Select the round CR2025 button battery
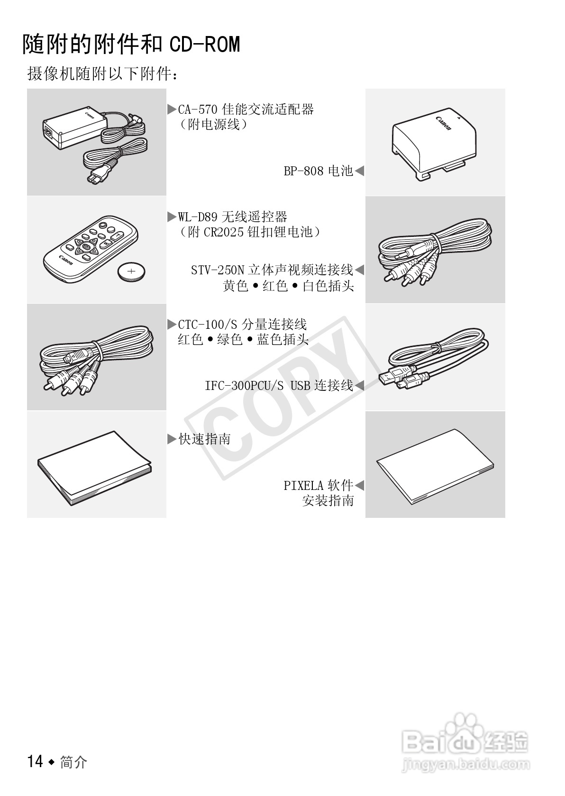pos(131,272)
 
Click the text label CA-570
pos(198,109)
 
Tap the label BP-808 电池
pos(318,171)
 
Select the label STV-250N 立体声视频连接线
pos(272,270)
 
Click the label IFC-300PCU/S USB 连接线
pos(279,385)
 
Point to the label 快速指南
pos(204,439)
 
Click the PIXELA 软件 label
pos(318,485)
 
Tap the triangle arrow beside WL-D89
pos(171,217)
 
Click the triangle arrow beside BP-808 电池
pos(359,171)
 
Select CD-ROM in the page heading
pos(205,45)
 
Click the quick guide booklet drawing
pos(95,467)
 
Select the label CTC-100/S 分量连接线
pos(242,325)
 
